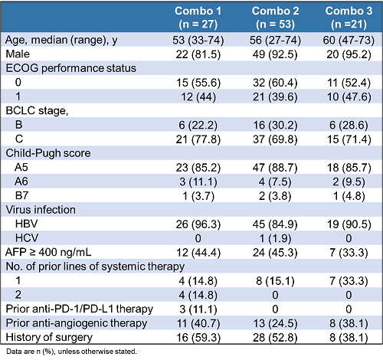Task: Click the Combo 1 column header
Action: click(x=198, y=18)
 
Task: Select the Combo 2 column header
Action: click(x=275, y=18)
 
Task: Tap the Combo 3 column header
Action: click(x=349, y=18)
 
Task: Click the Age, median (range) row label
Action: click(x=61, y=41)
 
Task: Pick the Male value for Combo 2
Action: click(x=275, y=54)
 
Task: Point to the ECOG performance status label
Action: click(x=70, y=68)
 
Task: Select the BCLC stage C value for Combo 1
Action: click(x=198, y=139)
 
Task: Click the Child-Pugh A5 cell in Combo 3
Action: click(x=349, y=168)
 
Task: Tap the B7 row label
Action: click(x=21, y=195)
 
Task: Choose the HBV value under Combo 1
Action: click(x=198, y=224)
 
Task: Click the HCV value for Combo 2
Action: click(x=275, y=238)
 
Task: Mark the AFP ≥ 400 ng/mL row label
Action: click(x=48, y=253)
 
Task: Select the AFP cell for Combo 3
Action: click(x=349, y=253)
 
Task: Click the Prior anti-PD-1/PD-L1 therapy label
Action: click(x=79, y=309)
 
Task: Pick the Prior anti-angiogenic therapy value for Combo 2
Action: click(x=275, y=323)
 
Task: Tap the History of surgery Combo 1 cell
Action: click(x=198, y=338)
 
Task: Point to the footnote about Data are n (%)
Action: click(x=71, y=352)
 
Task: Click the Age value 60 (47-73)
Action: click(x=349, y=41)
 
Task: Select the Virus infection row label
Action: click(x=41, y=210)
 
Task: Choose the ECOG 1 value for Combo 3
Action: click(x=349, y=97)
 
